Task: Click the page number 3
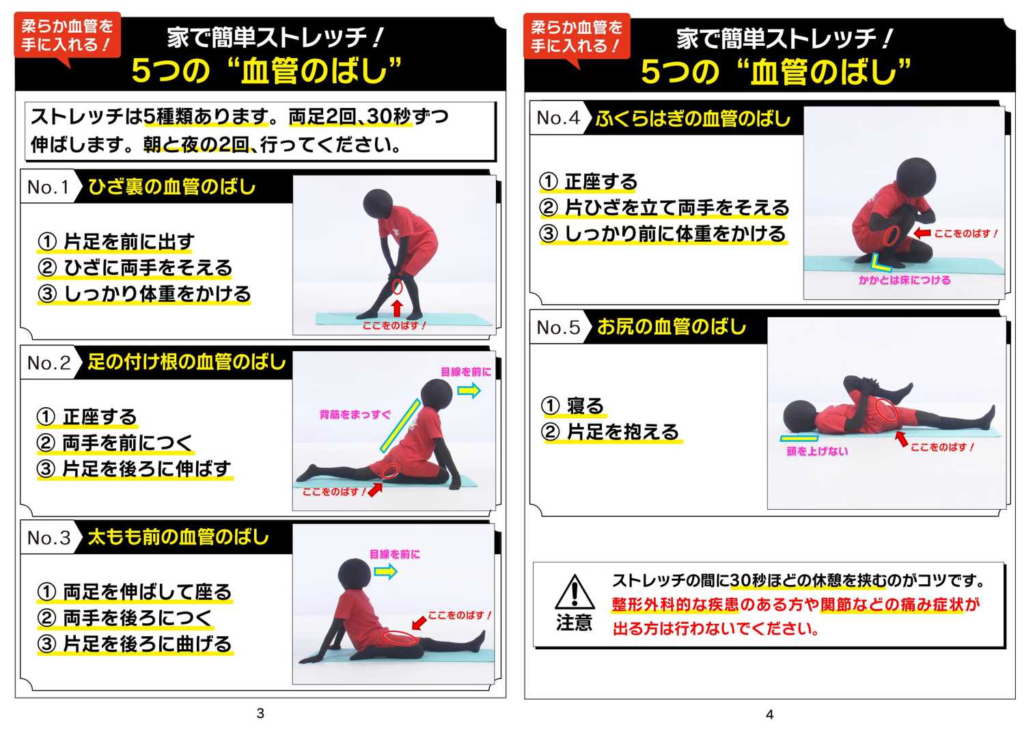[260, 713]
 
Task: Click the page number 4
[770, 715]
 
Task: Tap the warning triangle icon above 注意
[575, 592]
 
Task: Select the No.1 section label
[48, 187]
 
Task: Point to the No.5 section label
[558, 327]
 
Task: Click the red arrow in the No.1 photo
[396, 308]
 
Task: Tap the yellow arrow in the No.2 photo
[469, 391]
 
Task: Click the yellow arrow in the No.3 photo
[386, 572]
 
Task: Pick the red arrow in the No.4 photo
[922, 233]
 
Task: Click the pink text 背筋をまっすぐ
[355, 415]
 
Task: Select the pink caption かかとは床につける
[905, 280]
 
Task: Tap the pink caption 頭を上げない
[817, 451]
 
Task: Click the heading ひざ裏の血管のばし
[171, 187]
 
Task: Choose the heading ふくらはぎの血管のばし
[693, 119]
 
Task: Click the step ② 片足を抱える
[610, 432]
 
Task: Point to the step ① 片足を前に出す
[115, 241]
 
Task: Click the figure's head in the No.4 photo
[916, 179]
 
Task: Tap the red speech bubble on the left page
[68, 36]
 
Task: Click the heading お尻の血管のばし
[672, 327]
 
